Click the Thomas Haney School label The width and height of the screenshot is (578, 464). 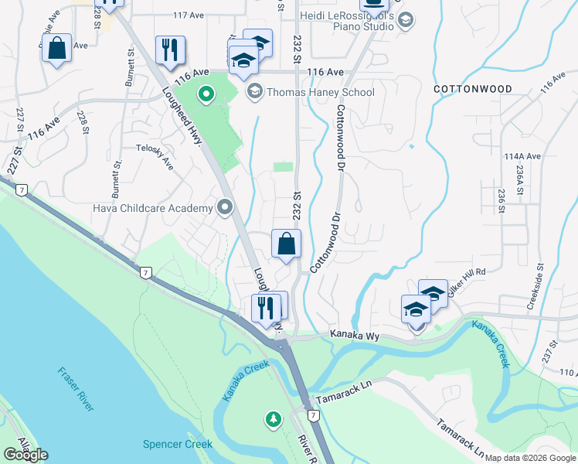tap(320, 92)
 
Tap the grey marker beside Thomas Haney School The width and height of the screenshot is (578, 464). tap(253, 92)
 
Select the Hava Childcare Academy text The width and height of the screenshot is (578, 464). tap(152, 208)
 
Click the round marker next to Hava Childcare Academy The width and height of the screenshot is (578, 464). tap(225, 207)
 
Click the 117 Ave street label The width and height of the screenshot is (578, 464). tap(186, 15)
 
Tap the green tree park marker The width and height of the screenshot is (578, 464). tap(273, 420)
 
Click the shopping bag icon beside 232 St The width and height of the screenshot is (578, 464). tap(286, 244)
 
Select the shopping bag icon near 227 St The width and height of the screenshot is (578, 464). tap(57, 49)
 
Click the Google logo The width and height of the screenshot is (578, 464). tap(25, 455)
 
